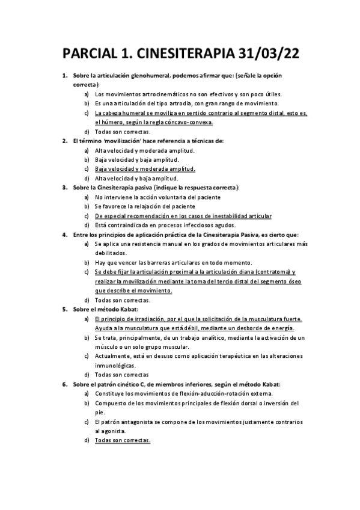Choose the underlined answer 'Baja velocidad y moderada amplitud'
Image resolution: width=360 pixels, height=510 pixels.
(144, 169)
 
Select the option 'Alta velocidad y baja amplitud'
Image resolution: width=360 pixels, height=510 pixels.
(136, 178)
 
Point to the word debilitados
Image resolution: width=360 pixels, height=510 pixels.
(111, 253)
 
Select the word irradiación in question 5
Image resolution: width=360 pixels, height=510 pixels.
(148, 319)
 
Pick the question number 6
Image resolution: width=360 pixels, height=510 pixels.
(65, 384)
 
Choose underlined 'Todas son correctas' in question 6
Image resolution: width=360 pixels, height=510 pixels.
(122, 440)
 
